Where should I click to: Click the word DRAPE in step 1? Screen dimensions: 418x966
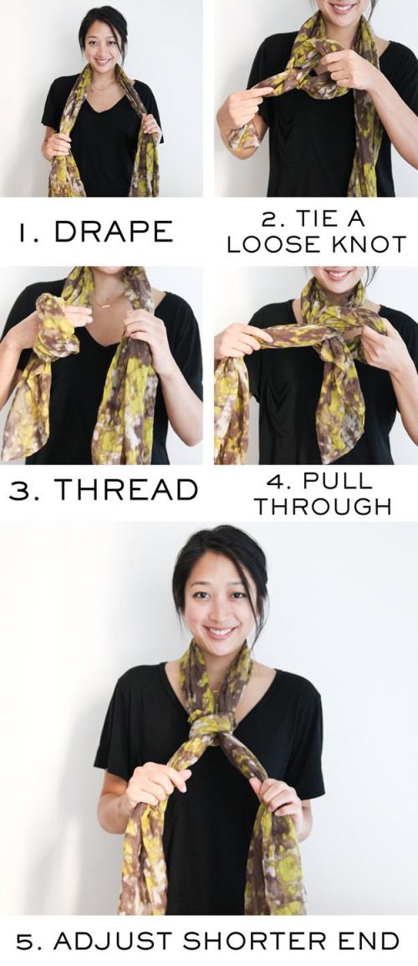(113, 231)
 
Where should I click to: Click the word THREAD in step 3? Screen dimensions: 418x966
(126, 490)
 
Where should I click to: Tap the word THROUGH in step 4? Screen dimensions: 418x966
(324, 506)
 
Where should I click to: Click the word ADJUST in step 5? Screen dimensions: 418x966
(113, 942)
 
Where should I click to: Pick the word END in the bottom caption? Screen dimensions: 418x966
(369, 942)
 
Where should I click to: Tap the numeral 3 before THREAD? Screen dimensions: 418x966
(18, 490)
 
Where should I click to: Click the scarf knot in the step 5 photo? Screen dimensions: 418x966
(216, 723)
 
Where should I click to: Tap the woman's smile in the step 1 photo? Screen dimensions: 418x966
(103, 61)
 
